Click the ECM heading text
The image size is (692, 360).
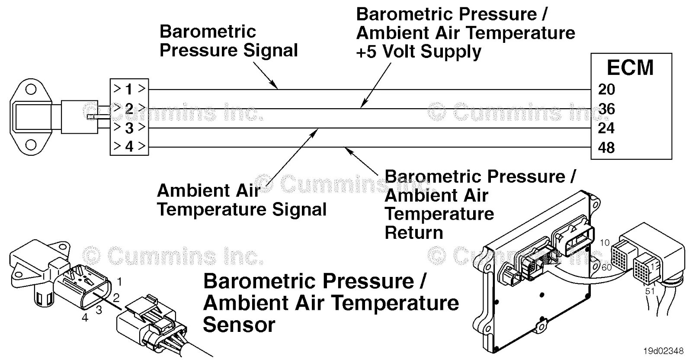click(630, 68)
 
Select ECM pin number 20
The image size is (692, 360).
click(606, 90)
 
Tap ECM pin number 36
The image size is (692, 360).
click(606, 109)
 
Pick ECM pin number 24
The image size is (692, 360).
click(606, 128)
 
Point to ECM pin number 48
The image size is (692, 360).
click(606, 148)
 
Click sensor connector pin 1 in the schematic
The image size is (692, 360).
click(129, 90)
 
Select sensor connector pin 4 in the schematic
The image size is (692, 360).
click(129, 147)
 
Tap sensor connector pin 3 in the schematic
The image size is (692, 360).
click(129, 128)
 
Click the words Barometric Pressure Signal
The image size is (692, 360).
click(228, 41)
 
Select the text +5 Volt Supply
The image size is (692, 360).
click(418, 52)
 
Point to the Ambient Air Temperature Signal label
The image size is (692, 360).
click(241, 200)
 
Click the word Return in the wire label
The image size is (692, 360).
click(414, 233)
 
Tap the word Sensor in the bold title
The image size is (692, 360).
click(239, 325)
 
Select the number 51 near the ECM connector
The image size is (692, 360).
click(650, 291)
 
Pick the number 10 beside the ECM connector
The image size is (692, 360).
click(604, 243)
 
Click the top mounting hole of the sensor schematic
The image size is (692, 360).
click(31, 90)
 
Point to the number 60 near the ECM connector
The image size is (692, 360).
click(607, 267)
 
